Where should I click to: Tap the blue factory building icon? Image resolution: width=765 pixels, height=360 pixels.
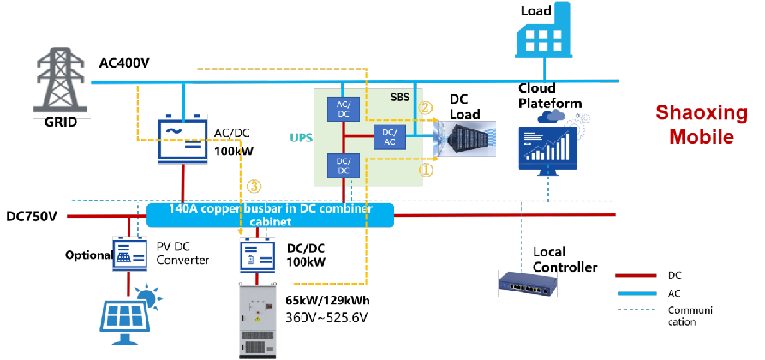[543, 32]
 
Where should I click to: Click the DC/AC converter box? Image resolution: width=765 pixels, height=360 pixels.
[389, 136]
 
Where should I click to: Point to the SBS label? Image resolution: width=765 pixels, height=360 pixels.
[401, 98]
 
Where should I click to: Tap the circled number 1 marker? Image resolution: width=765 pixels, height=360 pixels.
[426, 170]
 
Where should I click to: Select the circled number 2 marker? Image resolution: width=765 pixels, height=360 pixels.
[426, 108]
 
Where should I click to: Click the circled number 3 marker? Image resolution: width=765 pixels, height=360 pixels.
[254, 185]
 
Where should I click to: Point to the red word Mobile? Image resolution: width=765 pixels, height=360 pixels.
[701, 137]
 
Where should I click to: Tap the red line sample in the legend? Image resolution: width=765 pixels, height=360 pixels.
[636, 276]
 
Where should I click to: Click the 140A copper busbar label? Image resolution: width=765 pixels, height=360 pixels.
[270, 214]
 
